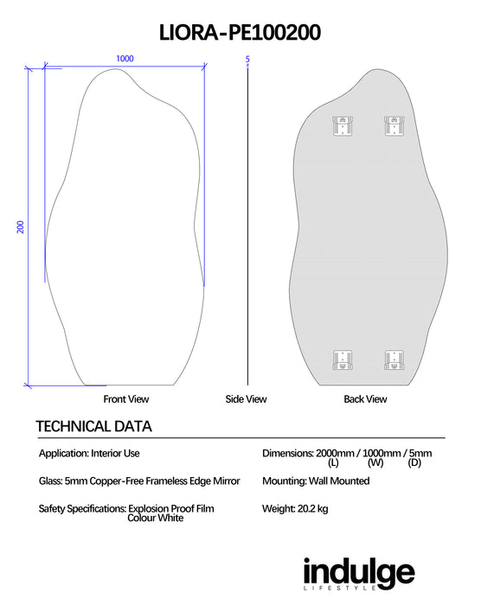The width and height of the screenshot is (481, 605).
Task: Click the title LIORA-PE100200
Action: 240,33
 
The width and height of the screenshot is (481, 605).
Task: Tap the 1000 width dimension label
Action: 125,59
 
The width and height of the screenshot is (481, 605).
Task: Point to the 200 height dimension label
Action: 21,226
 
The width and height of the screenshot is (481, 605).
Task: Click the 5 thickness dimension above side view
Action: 247,59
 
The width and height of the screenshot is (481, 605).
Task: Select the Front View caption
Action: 126,399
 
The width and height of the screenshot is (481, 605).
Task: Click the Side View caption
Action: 246,399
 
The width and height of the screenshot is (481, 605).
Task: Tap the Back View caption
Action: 365,399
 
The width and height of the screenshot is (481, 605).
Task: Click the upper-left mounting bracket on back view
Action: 343,126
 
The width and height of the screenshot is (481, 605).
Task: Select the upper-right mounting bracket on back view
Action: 394,126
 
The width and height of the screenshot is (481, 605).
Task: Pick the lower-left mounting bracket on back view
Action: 343,360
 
